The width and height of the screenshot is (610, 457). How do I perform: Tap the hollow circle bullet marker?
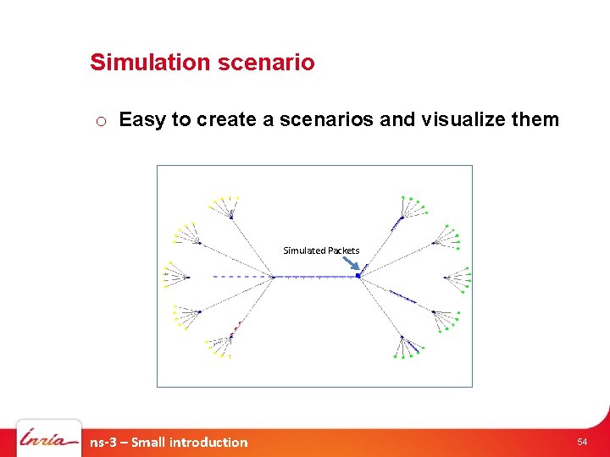click(100, 121)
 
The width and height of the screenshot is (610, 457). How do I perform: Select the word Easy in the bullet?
click(142, 119)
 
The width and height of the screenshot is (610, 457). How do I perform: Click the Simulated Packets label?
click(321, 251)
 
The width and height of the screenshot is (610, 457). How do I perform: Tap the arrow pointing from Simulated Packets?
click(350, 263)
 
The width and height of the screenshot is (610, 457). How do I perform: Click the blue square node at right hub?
click(358, 276)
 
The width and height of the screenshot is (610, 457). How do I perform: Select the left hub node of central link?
click(273, 276)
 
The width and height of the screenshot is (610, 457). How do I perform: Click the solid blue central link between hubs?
click(315, 276)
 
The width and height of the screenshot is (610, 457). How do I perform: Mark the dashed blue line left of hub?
click(241, 276)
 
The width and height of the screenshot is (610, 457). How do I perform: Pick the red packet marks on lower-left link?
click(237, 325)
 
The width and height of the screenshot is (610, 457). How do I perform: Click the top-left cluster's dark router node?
click(230, 217)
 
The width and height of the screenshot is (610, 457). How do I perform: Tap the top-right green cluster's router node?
click(401, 217)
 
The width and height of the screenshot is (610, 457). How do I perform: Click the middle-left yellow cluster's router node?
click(187, 277)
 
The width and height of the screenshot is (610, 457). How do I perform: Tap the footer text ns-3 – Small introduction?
click(169, 442)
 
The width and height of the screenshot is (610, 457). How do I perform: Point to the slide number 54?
click(582, 442)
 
